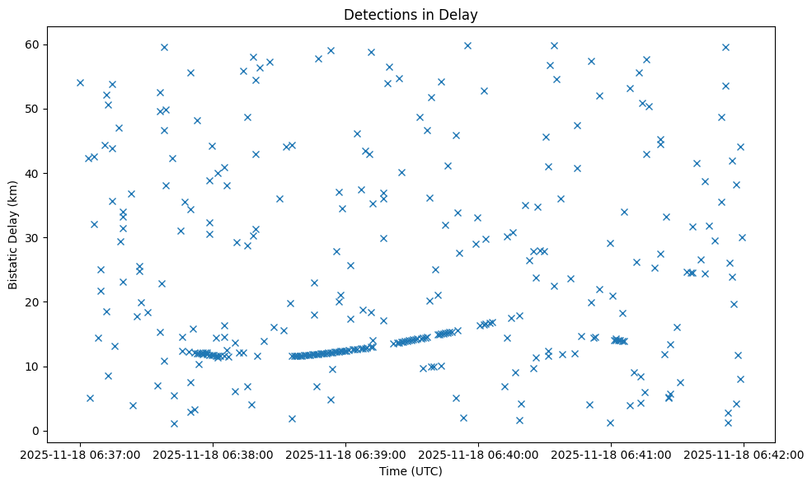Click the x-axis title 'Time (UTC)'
(x=411, y=471)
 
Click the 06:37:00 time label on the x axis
(x=80, y=454)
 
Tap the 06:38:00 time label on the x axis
(x=213, y=454)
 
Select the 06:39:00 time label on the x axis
(x=345, y=454)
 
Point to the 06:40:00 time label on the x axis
(x=478, y=454)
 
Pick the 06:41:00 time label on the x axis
(x=611, y=454)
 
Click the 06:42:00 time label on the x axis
(x=744, y=454)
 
